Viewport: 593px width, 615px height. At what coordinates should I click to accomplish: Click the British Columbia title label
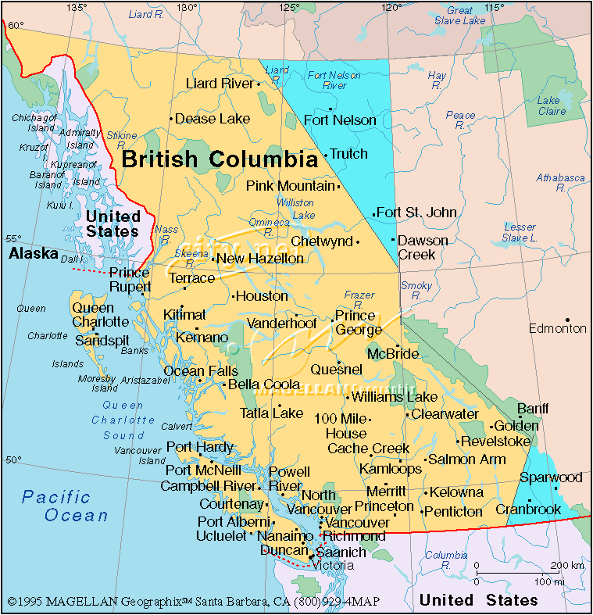[x=220, y=160]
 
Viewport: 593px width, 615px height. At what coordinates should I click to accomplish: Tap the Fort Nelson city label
[x=340, y=120]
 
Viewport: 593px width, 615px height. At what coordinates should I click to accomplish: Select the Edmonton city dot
[x=568, y=320]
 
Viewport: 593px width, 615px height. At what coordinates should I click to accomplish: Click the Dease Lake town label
[x=213, y=119]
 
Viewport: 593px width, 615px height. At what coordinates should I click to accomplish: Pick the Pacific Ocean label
[x=66, y=506]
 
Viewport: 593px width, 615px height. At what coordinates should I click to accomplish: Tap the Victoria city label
[x=334, y=565]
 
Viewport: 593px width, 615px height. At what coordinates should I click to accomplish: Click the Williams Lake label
[x=395, y=397]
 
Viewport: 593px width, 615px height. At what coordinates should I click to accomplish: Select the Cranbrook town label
[x=528, y=510]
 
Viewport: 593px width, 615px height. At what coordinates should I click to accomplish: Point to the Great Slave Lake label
[x=459, y=16]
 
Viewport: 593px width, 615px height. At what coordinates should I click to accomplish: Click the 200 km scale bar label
[x=566, y=566]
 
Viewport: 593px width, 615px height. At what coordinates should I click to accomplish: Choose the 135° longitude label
[x=76, y=7]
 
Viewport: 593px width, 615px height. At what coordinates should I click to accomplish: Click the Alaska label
[x=33, y=254]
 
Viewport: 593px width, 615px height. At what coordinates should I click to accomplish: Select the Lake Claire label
[x=548, y=105]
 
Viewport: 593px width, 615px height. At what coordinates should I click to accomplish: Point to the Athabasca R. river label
[x=560, y=183]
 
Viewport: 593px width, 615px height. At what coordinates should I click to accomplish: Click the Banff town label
[x=533, y=409]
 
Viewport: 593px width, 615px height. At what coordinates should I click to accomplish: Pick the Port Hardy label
[x=200, y=447]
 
